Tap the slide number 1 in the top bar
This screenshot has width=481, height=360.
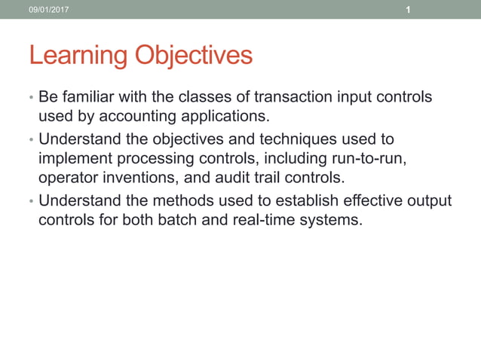pos(408,9)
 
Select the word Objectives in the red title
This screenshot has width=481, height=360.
pos(193,56)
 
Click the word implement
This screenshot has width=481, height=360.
pos(72,159)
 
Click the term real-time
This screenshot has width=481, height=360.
pos(267,221)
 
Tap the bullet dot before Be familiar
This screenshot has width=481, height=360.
pos(31,99)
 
